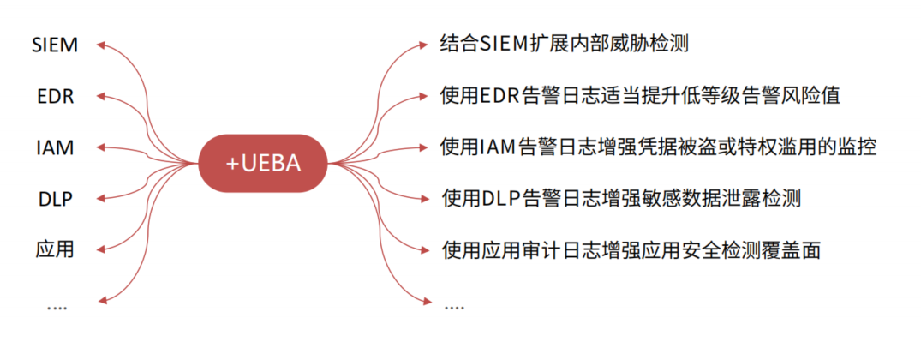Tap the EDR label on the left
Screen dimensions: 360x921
click(56, 96)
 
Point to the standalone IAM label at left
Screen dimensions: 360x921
click(55, 147)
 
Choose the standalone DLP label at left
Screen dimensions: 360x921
click(55, 199)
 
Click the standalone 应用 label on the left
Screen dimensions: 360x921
click(55, 249)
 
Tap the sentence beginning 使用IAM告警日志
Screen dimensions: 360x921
click(657, 147)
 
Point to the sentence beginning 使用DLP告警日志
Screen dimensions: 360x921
click(621, 199)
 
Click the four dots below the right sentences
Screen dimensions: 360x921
click(454, 305)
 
